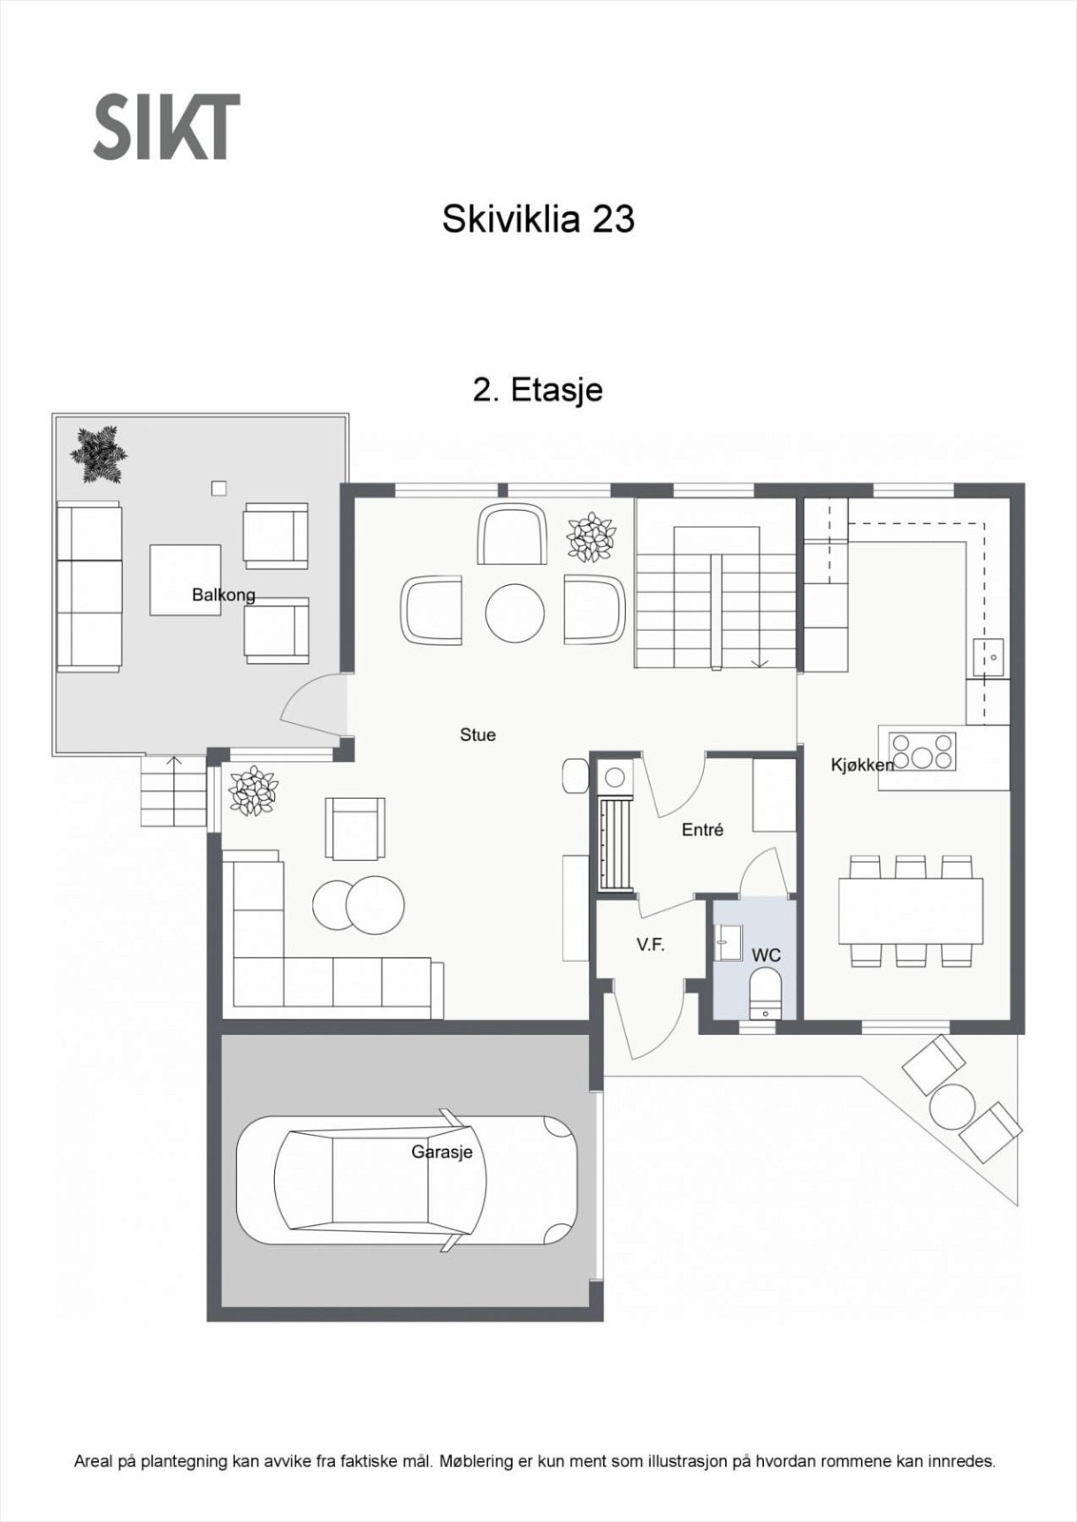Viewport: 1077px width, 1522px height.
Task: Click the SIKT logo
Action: [x=166, y=126]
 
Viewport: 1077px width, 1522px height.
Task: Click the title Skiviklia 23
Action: [x=538, y=220]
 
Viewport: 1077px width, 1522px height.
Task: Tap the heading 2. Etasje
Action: [x=538, y=390]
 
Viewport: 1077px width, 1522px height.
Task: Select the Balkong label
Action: [x=224, y=595]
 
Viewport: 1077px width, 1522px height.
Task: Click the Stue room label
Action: [x=478, y=734]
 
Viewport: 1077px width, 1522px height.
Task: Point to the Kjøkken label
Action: [x=862, y=765]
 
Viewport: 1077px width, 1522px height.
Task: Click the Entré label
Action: [x=702, y=829]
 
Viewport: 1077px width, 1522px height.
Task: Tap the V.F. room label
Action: [x=651, y=945]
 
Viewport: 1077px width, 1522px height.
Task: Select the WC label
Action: [x=766, y=954]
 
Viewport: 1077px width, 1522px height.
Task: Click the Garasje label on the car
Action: [x=441, y=1152]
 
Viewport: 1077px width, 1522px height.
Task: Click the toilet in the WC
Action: [x=765, y=994]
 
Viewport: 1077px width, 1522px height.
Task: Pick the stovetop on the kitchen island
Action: [x=922, y=751]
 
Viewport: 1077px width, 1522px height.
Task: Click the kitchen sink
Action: [x=989, y=656]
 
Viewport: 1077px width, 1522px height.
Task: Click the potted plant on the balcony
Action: [x=99, y=454]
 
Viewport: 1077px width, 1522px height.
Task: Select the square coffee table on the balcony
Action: [x=186, y=578]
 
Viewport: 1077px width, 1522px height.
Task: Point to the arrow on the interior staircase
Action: [x=760, y=662]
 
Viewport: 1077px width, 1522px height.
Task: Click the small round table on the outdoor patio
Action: [x=952, y=1106]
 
